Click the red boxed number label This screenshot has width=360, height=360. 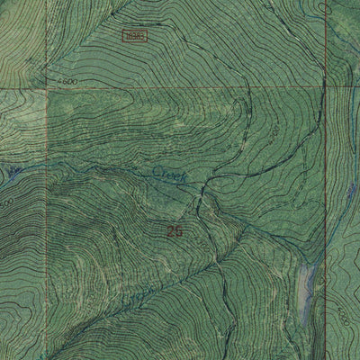tap(134, 36)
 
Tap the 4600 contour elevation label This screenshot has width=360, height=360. tap(64, 82)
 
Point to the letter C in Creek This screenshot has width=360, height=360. tap(156, 170)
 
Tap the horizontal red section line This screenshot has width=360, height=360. tap(180, 88)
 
